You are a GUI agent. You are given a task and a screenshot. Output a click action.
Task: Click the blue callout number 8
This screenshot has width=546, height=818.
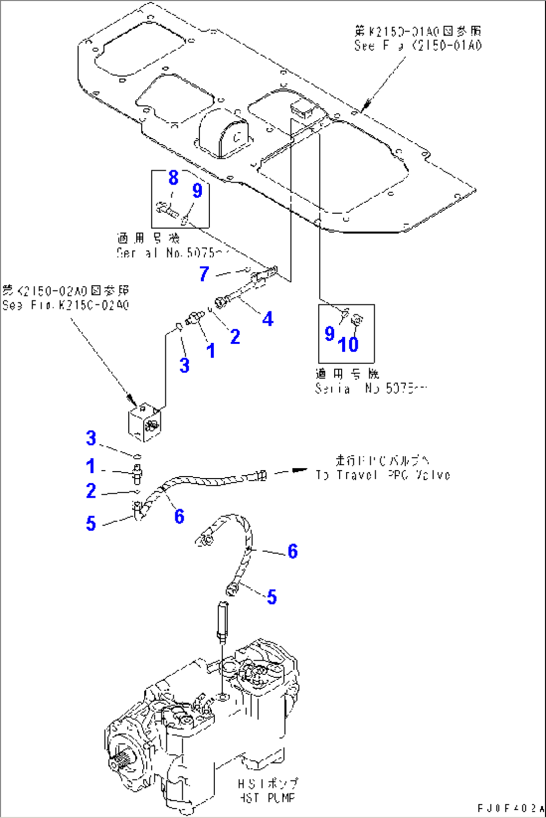[173, 178]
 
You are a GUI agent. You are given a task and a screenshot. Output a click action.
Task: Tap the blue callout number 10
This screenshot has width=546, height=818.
[348, 344]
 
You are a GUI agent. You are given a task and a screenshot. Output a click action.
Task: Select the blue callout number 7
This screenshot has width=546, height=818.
[204, 274]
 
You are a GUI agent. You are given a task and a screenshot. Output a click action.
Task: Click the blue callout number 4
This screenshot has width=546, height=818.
[268, 319]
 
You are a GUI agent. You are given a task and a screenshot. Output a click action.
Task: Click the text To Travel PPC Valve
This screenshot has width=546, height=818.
[383, 475]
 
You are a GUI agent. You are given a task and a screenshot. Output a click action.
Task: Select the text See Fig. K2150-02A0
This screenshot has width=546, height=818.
[66, 305]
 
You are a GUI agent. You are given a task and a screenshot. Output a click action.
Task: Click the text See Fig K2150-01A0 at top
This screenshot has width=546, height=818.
[418, 46]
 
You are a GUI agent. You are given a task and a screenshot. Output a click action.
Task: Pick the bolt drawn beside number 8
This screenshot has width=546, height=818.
[167, 209]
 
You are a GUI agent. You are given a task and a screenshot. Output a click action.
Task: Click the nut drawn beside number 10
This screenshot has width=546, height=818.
[358, 318]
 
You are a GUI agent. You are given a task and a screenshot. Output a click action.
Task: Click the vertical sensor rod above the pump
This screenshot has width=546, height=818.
[222, 621]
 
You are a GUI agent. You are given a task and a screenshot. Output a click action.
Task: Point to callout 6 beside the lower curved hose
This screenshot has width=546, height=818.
[293, 551]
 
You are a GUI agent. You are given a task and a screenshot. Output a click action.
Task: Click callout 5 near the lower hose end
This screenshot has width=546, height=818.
[272, 597]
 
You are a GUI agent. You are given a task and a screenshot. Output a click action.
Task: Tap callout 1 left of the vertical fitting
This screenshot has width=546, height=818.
[91, 466]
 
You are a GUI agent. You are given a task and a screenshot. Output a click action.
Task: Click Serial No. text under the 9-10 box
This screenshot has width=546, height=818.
[371, 388]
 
